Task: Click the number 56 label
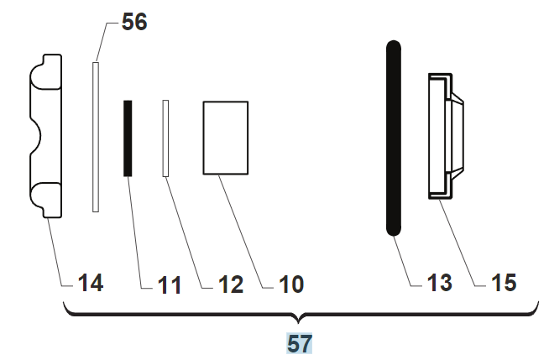pyautogui.click(x=134, y=22)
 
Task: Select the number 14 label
pyautogui.click(x=91, y=283)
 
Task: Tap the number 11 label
pyautogui.click(x=170, y=285)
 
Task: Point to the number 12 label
pyautogui.click(x=231, y=284)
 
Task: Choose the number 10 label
pyautogui.click(x=291, y=284)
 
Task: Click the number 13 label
pyautogui.click(x=440, y=283)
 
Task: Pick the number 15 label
pyautogui.click(x=505, y=283)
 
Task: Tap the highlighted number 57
pyautogui.click(x=300, y=344)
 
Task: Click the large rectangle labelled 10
pyautogui.click(x=226, y=138)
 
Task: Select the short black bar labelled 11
pyautogui.click(x=128, y=138)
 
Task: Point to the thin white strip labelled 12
pyautogui.click(x=165, y=138)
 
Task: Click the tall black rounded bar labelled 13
pyautogui.click(x=394, y=138)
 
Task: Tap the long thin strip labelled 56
pyautogui.click(x=96, y=137)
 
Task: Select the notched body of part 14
pyautogui.click(x=46, y=136)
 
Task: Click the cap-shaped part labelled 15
pyautogui.click(x=446, y=136)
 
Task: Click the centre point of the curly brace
pyautogui.click(x=298, y=322)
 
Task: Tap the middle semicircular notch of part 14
pyautogui.click(x=35, y=137)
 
